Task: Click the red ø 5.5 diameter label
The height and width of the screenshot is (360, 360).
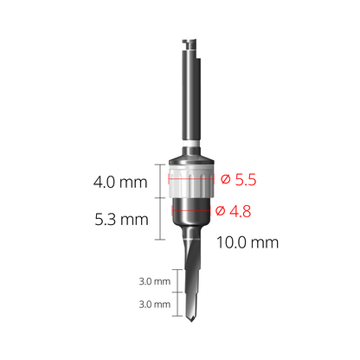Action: [239, 180]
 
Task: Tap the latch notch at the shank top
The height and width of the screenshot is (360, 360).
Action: [190, 42]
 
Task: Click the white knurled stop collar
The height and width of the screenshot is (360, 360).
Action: [190, 184]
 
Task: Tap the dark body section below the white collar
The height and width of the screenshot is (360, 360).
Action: [190, 216]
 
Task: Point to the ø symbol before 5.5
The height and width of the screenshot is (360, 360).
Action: [226, 180]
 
